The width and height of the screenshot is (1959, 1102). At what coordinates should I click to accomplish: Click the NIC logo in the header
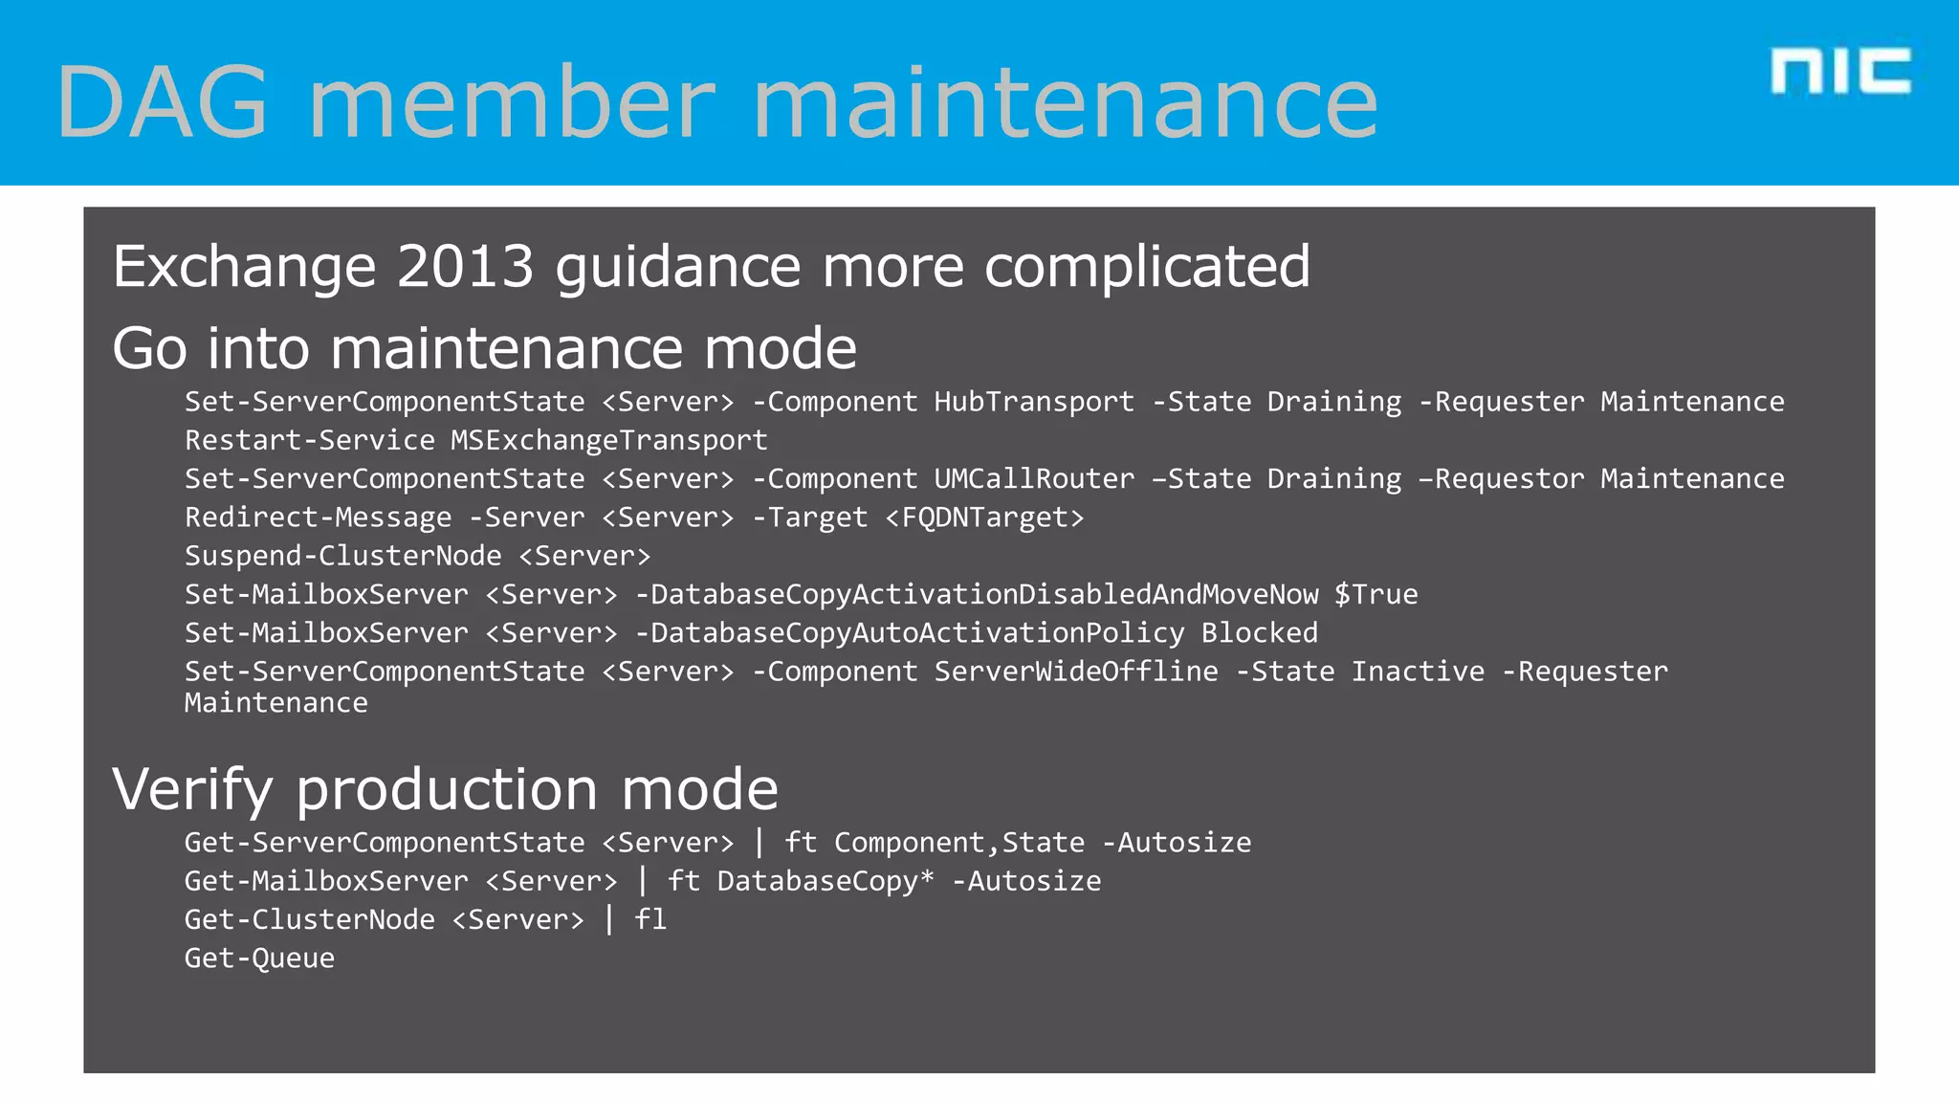(1840, 72)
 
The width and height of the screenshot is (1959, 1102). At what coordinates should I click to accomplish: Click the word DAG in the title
(163, 102)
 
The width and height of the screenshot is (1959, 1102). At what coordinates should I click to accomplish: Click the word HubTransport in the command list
(1033, 402)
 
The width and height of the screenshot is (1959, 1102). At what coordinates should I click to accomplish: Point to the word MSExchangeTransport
(608, 440)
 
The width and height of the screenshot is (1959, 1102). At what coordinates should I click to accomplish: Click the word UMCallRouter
(1033, 478)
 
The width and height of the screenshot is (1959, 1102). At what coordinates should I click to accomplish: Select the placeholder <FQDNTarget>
(984, 518)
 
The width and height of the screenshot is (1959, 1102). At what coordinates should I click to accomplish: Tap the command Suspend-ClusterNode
(342, 556)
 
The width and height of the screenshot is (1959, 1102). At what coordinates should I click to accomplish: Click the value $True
(1376, 594)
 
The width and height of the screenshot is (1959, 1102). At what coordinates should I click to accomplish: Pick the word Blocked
(1259, 632)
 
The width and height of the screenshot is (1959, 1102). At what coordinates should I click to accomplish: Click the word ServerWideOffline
(1076, 672)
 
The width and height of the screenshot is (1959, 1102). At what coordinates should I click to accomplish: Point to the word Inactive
(1418, 672)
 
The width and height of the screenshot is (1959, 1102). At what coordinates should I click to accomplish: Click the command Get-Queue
(259, 958)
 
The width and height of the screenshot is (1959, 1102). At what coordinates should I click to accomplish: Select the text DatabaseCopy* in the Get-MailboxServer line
(825, 881)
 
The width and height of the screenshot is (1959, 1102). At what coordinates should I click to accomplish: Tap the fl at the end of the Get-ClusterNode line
(650, 919)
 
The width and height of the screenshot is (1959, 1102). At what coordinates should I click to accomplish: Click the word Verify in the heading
(192, 789)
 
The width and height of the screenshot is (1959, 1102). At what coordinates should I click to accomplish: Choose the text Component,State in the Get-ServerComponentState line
(959, 843)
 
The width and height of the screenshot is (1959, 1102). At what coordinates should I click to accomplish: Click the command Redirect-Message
(318, 518)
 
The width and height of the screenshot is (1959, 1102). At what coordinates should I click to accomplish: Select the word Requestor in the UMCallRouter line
(1508, 478)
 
